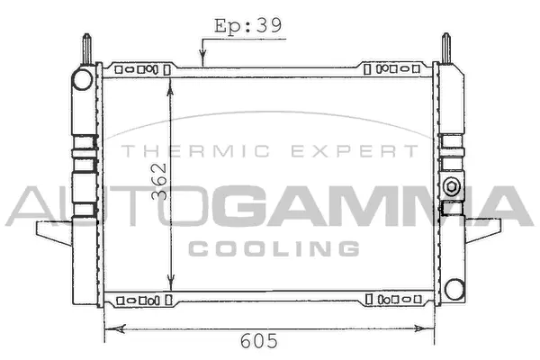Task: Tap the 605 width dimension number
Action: (x=258, y=342)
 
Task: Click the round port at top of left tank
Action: (x=83, y=79)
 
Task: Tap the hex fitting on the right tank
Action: (x=451, y=187)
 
